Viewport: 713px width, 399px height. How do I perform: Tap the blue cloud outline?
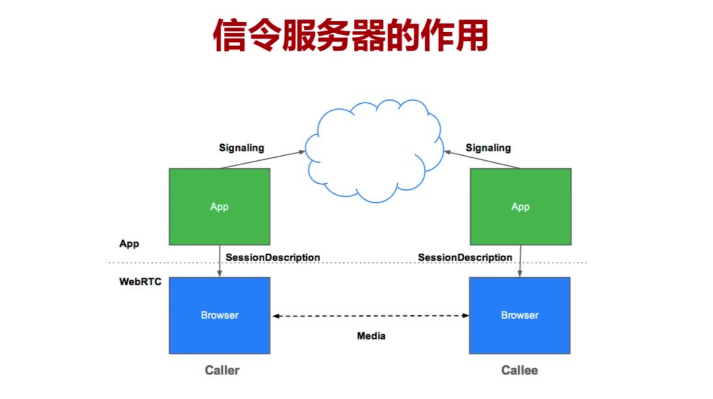coord(374,150)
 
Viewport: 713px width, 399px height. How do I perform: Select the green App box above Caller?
coord(219,207)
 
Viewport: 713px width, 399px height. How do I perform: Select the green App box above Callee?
coord(520,207)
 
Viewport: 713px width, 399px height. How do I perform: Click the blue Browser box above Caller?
coord(219,315)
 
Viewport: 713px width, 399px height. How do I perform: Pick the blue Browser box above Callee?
coord(519,315)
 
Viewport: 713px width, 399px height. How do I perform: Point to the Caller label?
coord(222,370)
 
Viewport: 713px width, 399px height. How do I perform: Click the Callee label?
coord(519,370)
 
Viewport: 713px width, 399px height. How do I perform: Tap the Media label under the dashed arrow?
coord(371,336)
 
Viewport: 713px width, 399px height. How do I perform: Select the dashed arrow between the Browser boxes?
coord(371,315)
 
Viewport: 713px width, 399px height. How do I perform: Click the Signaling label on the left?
coord(241,148)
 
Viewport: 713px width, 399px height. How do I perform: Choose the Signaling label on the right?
coord(488,148)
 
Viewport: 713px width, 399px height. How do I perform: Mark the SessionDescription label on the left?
coord(273,257)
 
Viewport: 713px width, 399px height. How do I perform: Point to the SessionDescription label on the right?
coord(465,257)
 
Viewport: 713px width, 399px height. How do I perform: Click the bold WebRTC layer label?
coord(140,282)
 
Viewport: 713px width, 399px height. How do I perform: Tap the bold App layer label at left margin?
coord(129,243)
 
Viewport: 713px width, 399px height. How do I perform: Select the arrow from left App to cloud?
coord(262,160)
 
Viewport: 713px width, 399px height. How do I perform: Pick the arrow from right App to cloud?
coord(482,160)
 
